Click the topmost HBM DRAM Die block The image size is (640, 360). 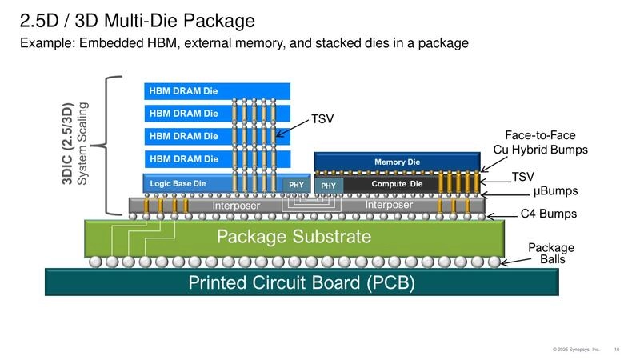coord(184,91)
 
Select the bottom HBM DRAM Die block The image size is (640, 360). coord(184,158)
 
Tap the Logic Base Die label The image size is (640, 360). coord(178,184)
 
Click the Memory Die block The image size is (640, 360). coord(397,162)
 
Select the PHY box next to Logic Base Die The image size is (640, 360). coord(296,185)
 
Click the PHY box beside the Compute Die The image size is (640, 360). coord(328,185)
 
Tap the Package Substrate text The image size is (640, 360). coord(294,237)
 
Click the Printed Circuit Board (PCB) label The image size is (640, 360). coord(301,282)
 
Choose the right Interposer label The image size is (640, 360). coord(389,206)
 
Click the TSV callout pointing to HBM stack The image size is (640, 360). coord(322,119)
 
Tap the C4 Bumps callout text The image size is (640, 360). coord(549,214)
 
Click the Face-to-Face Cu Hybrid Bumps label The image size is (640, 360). coord(540,142)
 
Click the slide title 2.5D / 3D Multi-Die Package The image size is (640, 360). coord(137,20)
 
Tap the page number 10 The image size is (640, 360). coord(616,350)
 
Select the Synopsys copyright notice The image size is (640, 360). coord(576,350)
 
